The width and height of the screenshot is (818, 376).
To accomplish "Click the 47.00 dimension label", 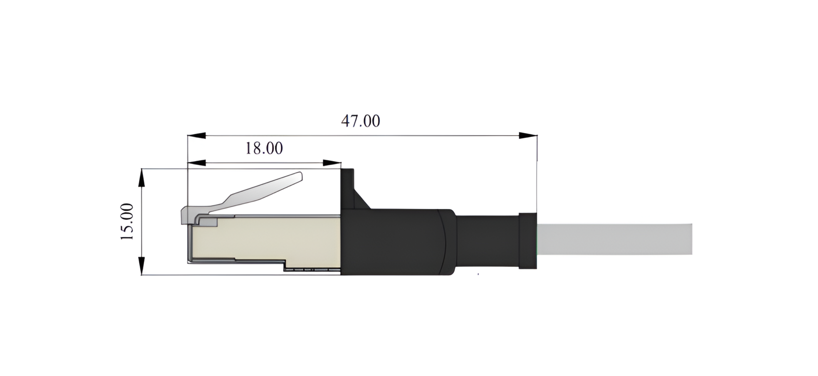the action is coord(360,121).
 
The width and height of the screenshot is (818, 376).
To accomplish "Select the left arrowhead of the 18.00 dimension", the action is coord(196,163).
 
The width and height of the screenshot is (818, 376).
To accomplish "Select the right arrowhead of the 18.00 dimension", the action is coord(332,163).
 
